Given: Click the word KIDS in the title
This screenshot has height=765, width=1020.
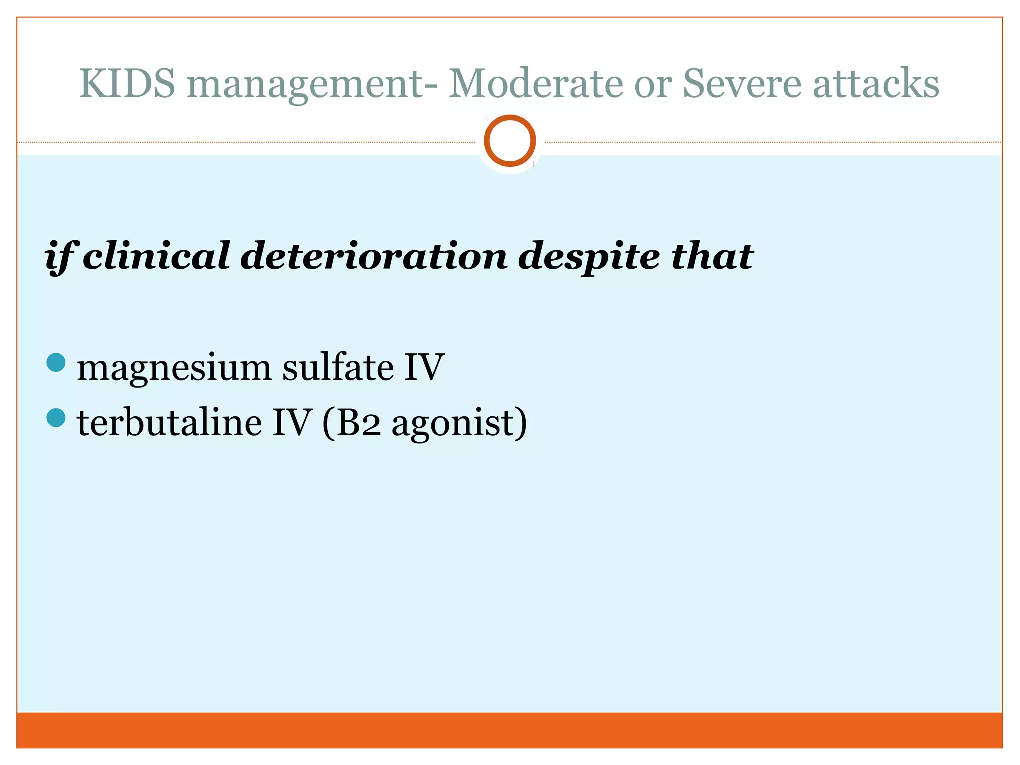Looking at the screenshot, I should point(127,83).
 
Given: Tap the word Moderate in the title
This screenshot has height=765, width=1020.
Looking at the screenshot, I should point(535,83).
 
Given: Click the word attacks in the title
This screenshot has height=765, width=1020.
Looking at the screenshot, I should point(876,83).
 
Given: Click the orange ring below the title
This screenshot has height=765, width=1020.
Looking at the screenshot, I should point(510,140).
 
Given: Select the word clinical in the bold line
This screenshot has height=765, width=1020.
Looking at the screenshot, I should point(156,256).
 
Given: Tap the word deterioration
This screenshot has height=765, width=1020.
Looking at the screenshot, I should point(374,256).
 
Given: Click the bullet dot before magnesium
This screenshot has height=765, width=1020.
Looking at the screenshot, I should point(56,363).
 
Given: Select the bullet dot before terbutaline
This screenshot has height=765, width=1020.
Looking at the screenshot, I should point(56,418).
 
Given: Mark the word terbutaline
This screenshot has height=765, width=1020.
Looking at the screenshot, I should point(169,422).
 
